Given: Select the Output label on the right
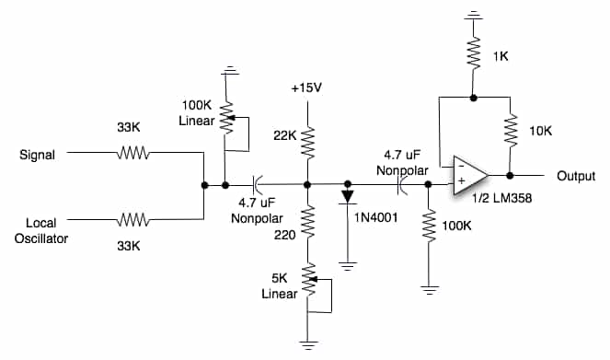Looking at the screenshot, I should click(576, 175).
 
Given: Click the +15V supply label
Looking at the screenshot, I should click(306, 88).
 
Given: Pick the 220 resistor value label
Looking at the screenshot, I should click(284, 236).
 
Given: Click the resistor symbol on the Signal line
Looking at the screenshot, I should click(133, 156).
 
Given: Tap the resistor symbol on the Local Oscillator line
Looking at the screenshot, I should click(133, 220).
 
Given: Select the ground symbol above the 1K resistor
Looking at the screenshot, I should click(473, 16).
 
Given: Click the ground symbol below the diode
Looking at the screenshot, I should click(347, 264).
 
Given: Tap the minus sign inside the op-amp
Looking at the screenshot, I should click(460, 166).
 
